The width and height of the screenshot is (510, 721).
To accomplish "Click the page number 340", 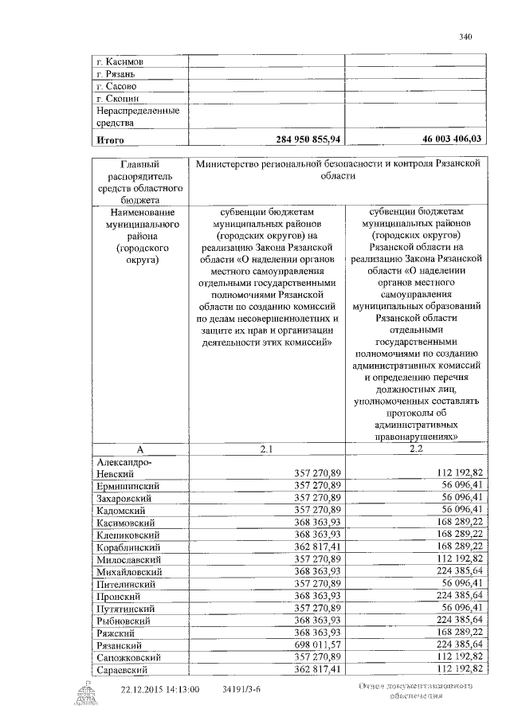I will click(466, 36).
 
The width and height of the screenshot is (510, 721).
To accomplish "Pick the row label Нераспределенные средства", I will click(137, 117).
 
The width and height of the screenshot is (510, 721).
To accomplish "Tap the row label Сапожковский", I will click(130, 658).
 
